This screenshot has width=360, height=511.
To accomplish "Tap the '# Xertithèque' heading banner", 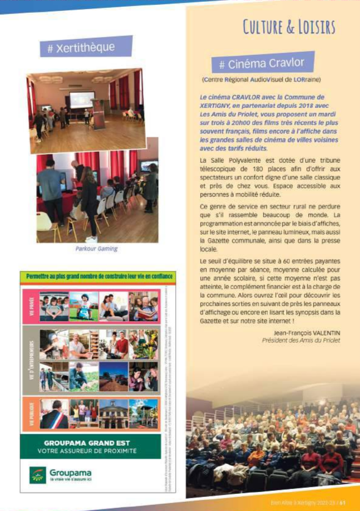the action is click(85, 48).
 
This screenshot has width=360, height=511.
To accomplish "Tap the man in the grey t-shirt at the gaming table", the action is click(50, 189).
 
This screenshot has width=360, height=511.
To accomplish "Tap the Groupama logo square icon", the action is click(38, 474).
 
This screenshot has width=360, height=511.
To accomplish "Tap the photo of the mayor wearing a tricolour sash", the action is click(54, 413).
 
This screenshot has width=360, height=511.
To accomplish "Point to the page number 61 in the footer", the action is click(344, 503).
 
